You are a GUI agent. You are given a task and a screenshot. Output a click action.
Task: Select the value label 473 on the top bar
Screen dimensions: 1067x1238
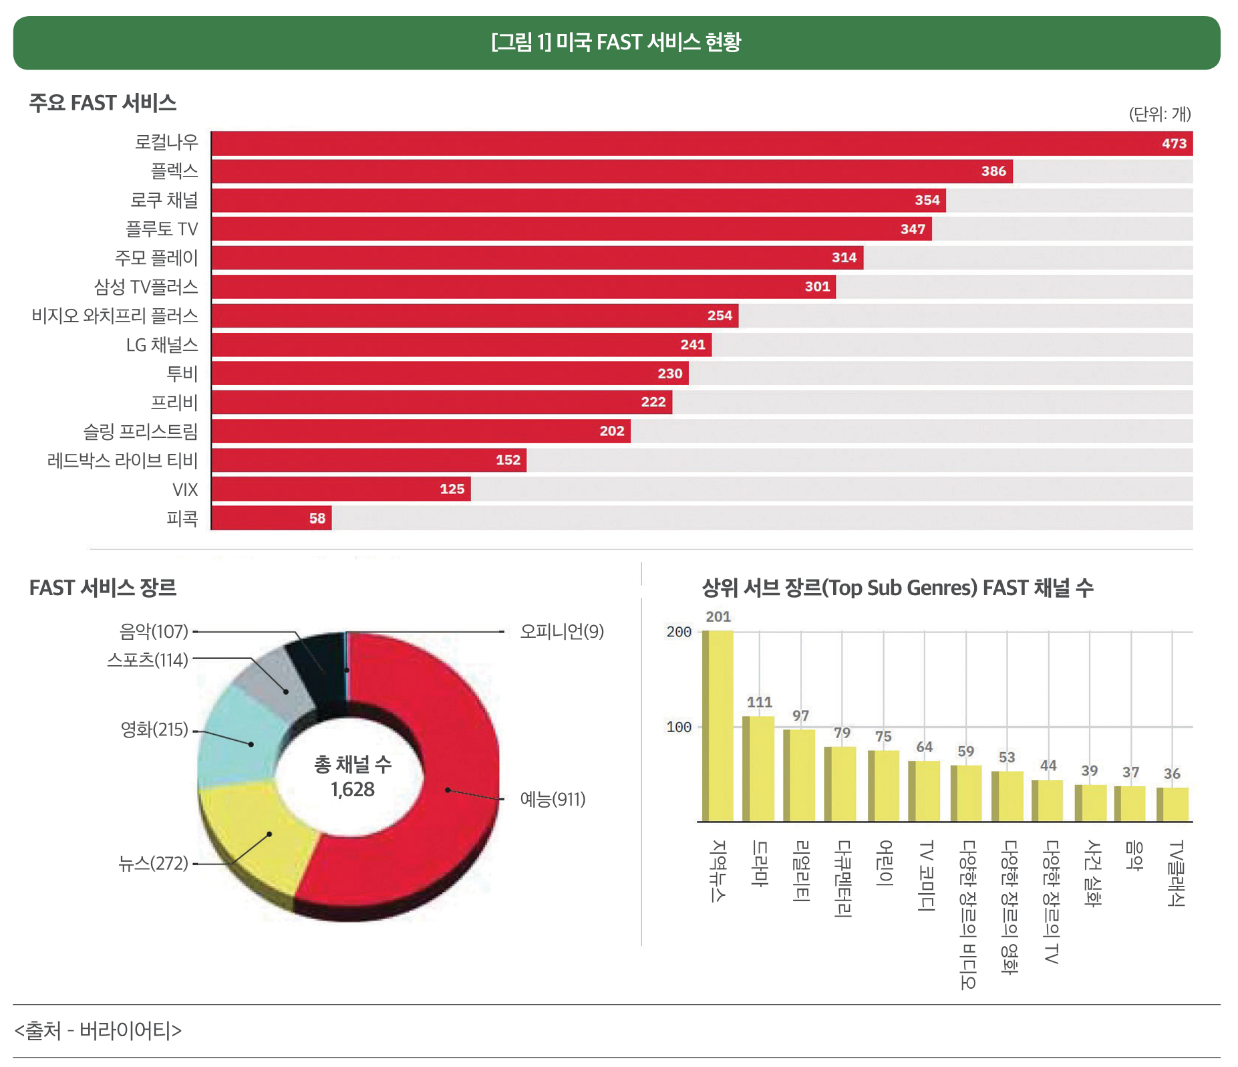click(x=1173, y=144)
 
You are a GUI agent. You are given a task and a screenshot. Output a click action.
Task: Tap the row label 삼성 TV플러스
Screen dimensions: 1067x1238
click(x=146, y=287)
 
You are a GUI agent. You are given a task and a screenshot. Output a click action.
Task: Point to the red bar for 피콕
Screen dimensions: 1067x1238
click(x=271, y=518)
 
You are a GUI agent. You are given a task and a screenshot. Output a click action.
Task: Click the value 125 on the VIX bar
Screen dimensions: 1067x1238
click(x=452, y=489)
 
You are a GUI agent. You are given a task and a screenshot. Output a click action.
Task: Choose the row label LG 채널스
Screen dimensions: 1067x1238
click(x=162, y=345)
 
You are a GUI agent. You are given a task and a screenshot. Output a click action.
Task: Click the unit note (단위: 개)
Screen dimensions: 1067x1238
click(x=1159, y=114)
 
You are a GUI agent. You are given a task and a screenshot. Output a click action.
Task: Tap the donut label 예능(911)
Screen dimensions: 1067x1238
click(x=552, y=800)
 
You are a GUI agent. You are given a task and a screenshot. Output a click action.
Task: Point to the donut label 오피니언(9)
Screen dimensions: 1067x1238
click(x=561, y=632)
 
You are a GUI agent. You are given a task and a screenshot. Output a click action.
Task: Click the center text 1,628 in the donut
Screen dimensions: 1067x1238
click(x=352, y=790)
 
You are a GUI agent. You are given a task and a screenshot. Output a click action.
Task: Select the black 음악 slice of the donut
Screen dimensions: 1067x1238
click(x=317, y=665)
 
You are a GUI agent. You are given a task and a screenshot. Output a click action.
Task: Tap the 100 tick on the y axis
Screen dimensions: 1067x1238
click(x=678, y=727)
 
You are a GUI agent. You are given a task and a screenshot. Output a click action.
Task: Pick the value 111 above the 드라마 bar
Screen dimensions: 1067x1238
click(x=759, y=703)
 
